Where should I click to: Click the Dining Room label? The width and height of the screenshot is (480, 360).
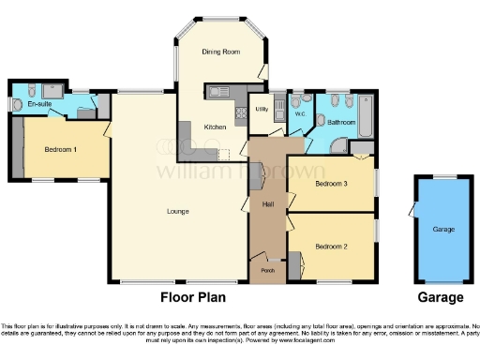[x=221, y=52]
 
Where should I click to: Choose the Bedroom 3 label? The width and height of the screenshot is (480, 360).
[x=331, y=184]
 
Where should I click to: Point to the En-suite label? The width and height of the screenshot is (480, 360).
[x=38, y=105]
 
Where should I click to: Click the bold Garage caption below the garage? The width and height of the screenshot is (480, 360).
[x=440, y=297]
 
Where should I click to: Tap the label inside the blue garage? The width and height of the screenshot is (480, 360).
[x=442, y=228]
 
